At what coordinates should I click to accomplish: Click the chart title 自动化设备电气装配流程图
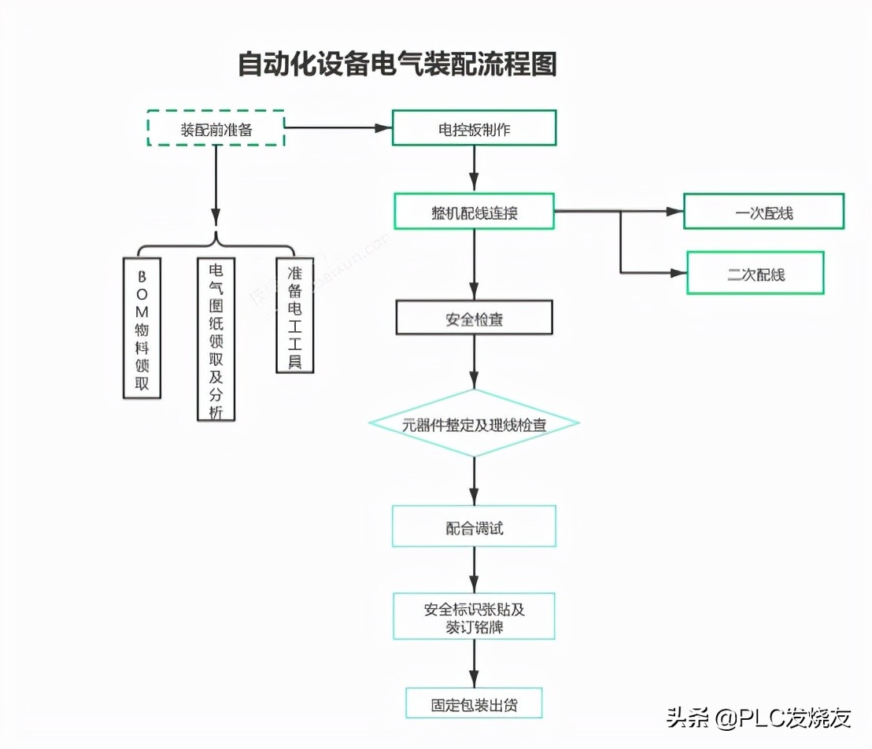397,65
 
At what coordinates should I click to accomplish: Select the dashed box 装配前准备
216,129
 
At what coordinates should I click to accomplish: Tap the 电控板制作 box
474,128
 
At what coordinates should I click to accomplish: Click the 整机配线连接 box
474,212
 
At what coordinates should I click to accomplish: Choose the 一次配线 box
763,212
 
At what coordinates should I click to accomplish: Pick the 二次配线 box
755,273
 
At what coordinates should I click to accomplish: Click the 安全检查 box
474,318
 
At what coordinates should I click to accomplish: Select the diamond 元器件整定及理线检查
474,424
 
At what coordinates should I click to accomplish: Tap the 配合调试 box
474,526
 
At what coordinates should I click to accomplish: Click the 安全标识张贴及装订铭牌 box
474,617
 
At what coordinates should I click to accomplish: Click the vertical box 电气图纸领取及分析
216,339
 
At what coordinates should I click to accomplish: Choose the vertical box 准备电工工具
294,315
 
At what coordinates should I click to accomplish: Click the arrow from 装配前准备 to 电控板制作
338,127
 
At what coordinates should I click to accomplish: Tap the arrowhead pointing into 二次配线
678,273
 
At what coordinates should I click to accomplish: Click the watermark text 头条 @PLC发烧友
759,718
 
